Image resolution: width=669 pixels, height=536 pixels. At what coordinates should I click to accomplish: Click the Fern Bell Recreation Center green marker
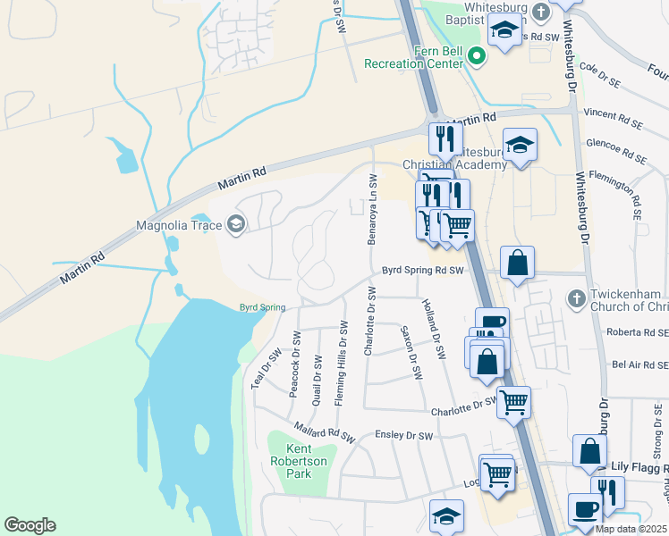pyautogui.click(x=477, y=56)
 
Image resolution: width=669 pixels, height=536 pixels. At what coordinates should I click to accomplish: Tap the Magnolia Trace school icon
pyautogui.click(x=236, y=223)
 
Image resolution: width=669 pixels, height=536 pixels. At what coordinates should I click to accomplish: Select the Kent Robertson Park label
pyautogui.click(x=298, y=461)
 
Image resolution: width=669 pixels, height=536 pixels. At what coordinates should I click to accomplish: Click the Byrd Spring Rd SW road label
pyautogui.click(x=424, y=270)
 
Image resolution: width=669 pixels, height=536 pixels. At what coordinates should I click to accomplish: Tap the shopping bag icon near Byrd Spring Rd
pyautogui.click(x=517, y=264)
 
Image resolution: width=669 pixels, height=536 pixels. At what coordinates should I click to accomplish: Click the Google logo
pyautogui.click(x=30, y=525)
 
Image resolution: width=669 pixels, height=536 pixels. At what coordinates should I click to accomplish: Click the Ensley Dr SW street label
pyautogui.click(x=405, y=437)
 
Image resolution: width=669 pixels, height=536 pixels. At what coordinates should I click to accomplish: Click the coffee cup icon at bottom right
pyautogui.click(x=585, y=508)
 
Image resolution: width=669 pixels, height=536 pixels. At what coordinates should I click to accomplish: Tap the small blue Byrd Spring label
pyautogui.click(x=262, y=307)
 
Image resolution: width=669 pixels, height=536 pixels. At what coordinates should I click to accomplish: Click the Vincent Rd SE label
pyautogui.click(x=614, y=114)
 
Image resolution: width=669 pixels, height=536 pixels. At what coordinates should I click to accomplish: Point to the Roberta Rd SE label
pyautogui.click(x=637, y=332)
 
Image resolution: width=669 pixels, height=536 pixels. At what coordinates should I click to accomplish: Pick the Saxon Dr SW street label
pyautogui.click(x=412, y=350)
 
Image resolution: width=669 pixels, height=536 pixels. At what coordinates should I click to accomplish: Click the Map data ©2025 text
pyautogui.click(x=631, y=529)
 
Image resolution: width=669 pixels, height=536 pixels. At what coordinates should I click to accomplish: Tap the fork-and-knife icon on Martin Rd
pyautogui.click(x=444, y=138)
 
